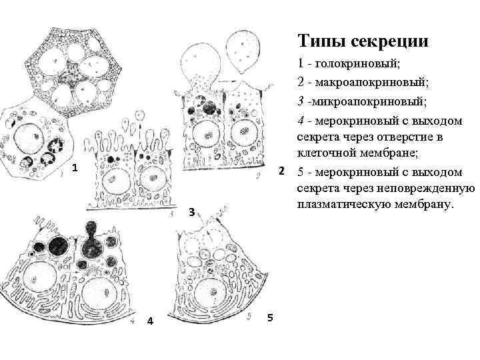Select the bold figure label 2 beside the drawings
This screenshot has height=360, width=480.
click(x=282, y=171)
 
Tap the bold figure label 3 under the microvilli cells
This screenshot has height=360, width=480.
click(x=191, y=213)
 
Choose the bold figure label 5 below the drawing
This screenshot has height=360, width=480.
click(x=269, y=317)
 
